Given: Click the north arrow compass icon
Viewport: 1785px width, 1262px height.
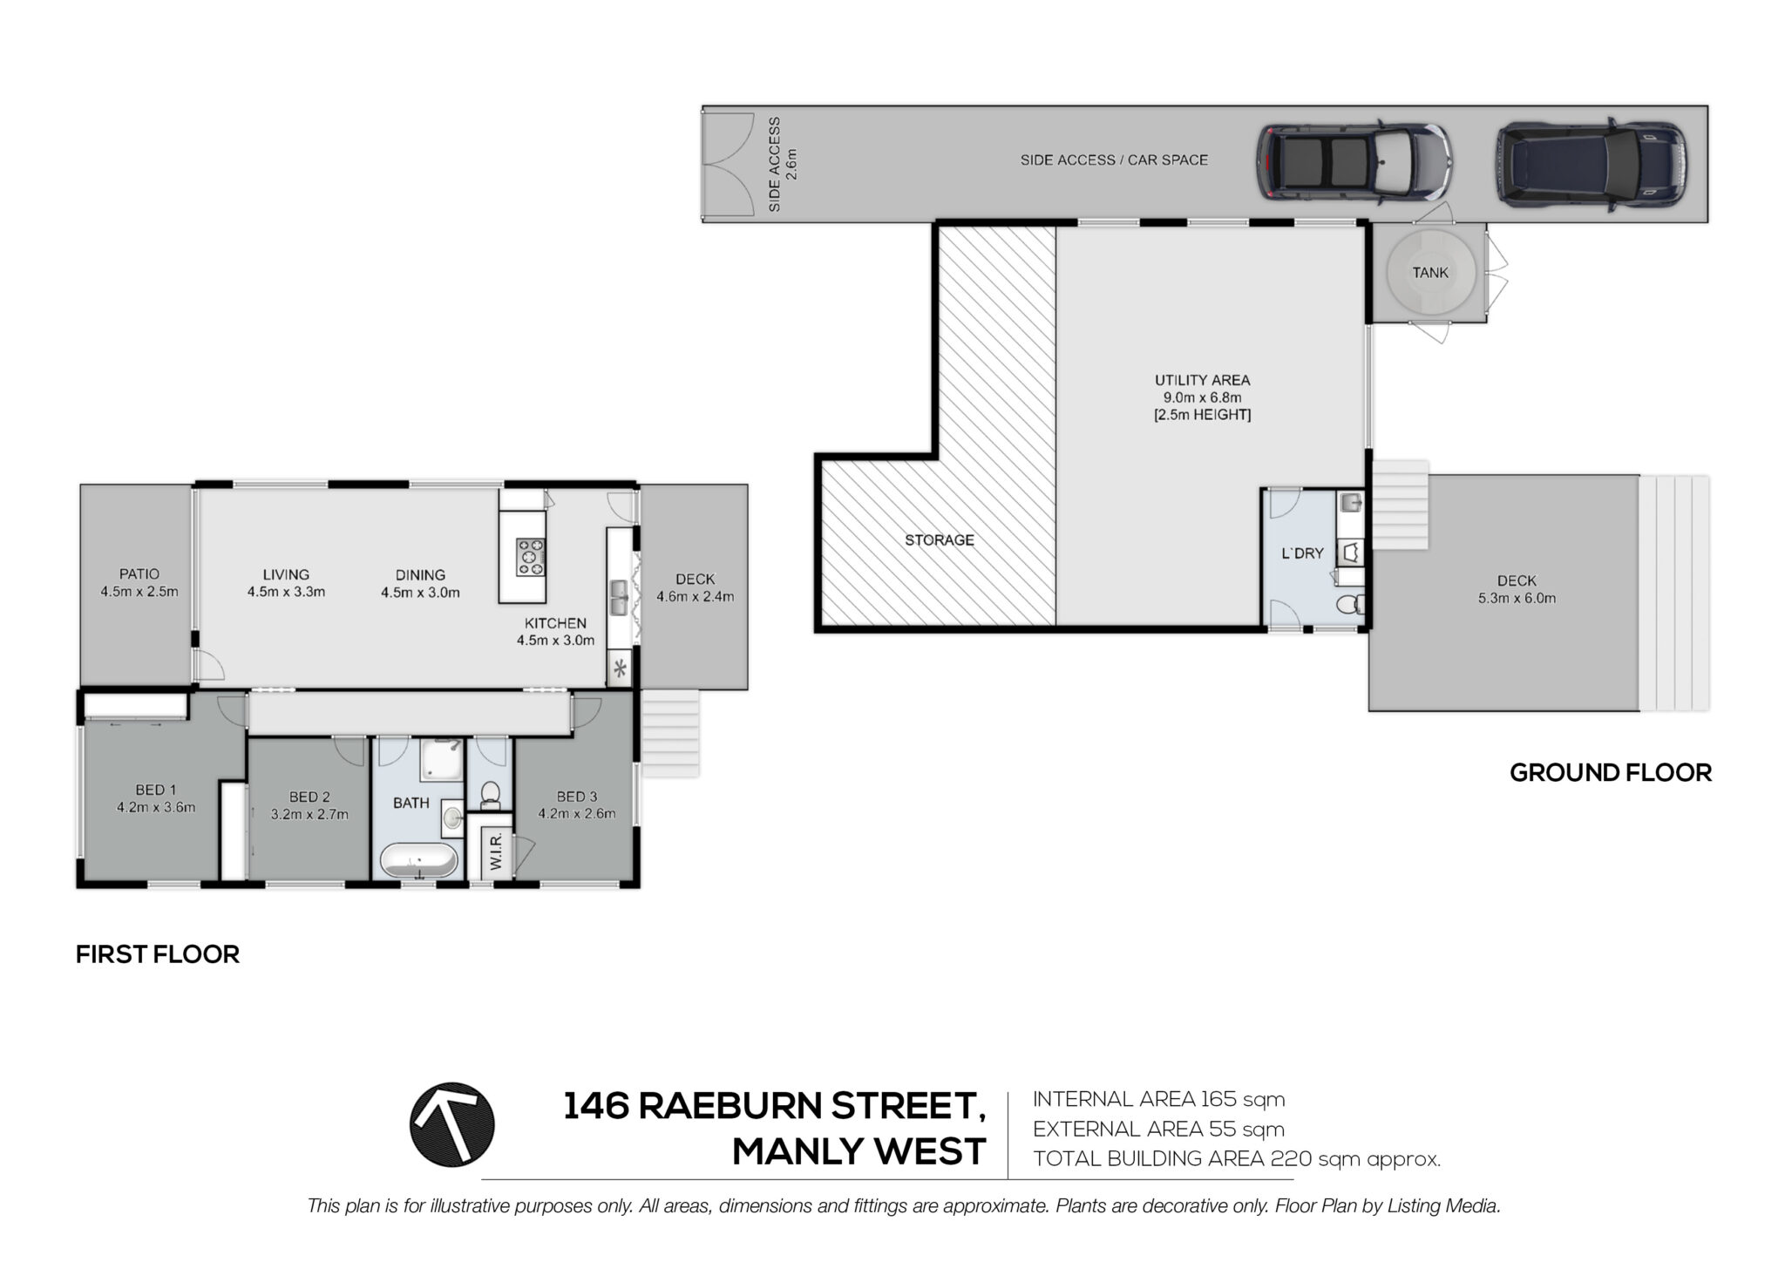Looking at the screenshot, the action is (452, 1124).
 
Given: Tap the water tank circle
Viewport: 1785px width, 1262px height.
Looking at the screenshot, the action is (1430, 273).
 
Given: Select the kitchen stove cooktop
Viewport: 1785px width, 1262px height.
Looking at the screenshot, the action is (531, 557).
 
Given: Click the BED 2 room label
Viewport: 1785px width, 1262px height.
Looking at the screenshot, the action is (309, 797).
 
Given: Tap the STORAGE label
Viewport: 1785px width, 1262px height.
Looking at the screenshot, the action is (939, 540).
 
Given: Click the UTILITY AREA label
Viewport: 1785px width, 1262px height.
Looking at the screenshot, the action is (1202, 380).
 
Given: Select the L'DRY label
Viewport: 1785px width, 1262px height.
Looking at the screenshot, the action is (1302, 553).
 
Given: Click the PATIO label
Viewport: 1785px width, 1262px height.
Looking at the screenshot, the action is (139, 574).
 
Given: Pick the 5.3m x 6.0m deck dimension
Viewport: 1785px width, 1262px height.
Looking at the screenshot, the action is (1517, 598).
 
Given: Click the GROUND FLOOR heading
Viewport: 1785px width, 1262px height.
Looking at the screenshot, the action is (1611, 772).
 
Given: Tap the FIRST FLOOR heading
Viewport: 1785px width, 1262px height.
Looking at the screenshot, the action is (158, 954).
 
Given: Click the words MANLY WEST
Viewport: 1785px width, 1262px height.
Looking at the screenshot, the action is (859, 1152).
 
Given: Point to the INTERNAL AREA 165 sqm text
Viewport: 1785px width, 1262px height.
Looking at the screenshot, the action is (1159, 1099).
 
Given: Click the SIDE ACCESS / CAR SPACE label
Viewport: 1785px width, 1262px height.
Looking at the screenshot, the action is (1114, 160).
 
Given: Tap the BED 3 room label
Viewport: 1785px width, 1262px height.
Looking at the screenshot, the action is (576, 797).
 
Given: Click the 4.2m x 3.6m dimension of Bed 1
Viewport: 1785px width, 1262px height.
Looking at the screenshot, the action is (156, 807).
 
